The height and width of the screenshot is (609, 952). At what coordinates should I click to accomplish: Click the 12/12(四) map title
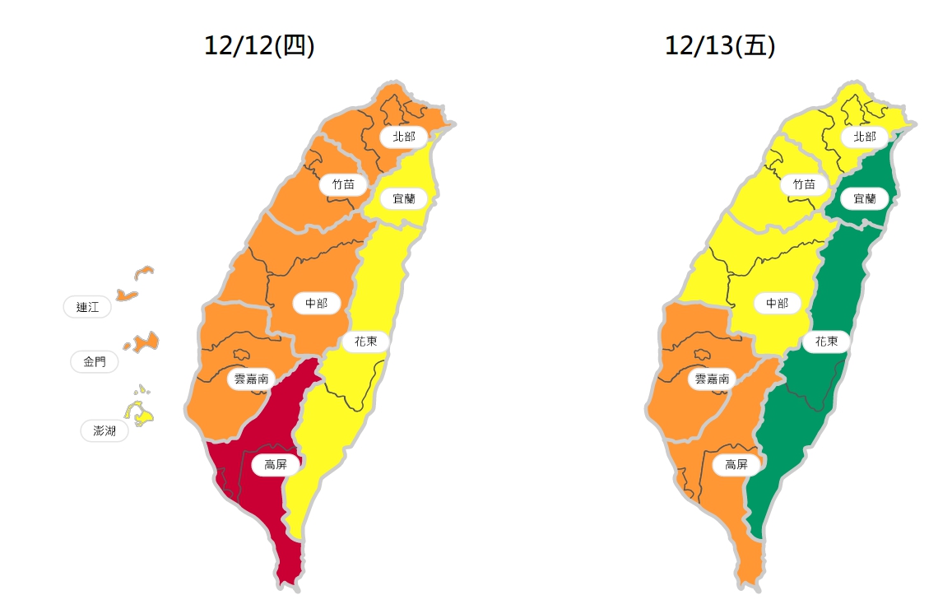259,47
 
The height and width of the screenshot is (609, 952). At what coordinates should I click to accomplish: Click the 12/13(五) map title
720,47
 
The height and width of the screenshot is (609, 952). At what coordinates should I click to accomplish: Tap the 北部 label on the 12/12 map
403,137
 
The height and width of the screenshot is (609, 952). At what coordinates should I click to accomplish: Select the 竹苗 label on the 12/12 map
343,185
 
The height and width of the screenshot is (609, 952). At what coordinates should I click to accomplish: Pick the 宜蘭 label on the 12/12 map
403,198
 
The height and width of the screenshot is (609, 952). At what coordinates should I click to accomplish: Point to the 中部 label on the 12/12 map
316,304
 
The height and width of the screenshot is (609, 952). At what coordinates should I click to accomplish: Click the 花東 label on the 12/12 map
365,342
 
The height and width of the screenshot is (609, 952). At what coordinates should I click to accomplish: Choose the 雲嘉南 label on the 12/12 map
251,379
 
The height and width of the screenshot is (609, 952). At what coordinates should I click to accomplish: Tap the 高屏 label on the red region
276,465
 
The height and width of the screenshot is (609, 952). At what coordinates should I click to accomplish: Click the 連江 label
87,307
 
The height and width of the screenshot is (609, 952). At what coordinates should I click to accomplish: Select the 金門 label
94,361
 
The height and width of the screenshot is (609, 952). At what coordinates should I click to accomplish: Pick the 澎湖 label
104,430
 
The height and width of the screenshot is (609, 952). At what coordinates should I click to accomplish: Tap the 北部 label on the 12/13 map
864,137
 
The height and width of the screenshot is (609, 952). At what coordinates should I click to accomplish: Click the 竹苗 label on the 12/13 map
804,185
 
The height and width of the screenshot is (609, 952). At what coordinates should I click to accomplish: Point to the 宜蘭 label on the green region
864,198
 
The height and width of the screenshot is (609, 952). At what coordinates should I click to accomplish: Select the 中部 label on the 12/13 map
777,304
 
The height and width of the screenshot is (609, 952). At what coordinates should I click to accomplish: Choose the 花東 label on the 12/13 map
826,342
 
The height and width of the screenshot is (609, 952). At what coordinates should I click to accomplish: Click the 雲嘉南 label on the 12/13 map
712,379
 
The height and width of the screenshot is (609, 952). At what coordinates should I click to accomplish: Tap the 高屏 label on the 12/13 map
736,465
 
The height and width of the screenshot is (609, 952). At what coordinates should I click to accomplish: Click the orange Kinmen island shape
144,342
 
